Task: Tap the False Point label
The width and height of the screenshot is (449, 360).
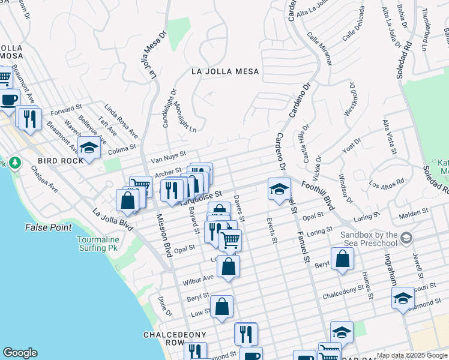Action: [x=48, y=227]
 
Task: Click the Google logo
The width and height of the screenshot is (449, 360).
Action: [x=20, y=353]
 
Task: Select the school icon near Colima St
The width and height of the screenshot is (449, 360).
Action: [x=89, y=148]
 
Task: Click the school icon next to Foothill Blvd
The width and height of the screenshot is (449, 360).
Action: [x=279, y=190]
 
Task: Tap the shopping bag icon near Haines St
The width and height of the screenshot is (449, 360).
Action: [x=342, y=259]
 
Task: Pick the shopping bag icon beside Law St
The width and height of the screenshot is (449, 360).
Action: [x=221, y=307]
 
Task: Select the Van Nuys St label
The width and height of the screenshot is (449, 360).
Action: [x=168, y=157]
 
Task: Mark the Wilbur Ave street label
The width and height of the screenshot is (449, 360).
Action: [x=199, y=279]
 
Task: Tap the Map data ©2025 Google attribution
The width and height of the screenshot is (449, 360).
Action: [x=412, y=355]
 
